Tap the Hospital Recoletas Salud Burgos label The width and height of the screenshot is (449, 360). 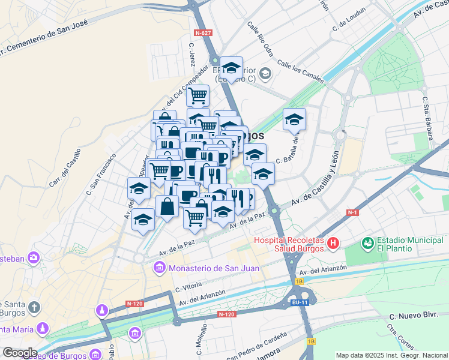tap(289, 244)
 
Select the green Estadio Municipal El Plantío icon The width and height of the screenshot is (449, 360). tap(367, 244)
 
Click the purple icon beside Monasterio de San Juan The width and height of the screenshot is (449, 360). tap(159, 268)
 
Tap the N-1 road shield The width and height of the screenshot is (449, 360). tap(353, 212)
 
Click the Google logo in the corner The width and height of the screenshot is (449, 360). tap(20, 352)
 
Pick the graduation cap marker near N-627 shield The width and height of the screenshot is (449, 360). tap(231, 67)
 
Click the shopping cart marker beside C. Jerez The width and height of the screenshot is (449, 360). tap(197, 95)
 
